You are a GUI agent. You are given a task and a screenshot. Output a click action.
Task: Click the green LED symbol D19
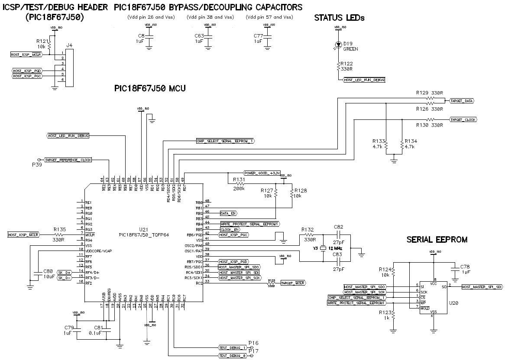point(338,45)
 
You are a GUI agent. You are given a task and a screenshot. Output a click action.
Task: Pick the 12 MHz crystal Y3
point(323,249)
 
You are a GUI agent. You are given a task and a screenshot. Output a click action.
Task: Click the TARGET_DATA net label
point(462,100)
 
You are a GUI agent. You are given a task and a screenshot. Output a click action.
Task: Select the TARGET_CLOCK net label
point(463,119)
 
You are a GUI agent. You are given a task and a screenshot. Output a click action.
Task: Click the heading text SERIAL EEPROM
point(437,239)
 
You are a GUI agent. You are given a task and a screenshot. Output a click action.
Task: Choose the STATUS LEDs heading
point(339,18)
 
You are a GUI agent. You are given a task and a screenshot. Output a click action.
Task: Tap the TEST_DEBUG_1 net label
point(233,347)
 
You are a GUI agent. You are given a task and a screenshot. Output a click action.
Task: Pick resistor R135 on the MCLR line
point(59,234)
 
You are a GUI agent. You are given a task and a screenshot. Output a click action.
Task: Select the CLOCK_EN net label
point(230,229)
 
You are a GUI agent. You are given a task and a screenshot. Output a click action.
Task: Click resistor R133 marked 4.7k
point(385,145)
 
